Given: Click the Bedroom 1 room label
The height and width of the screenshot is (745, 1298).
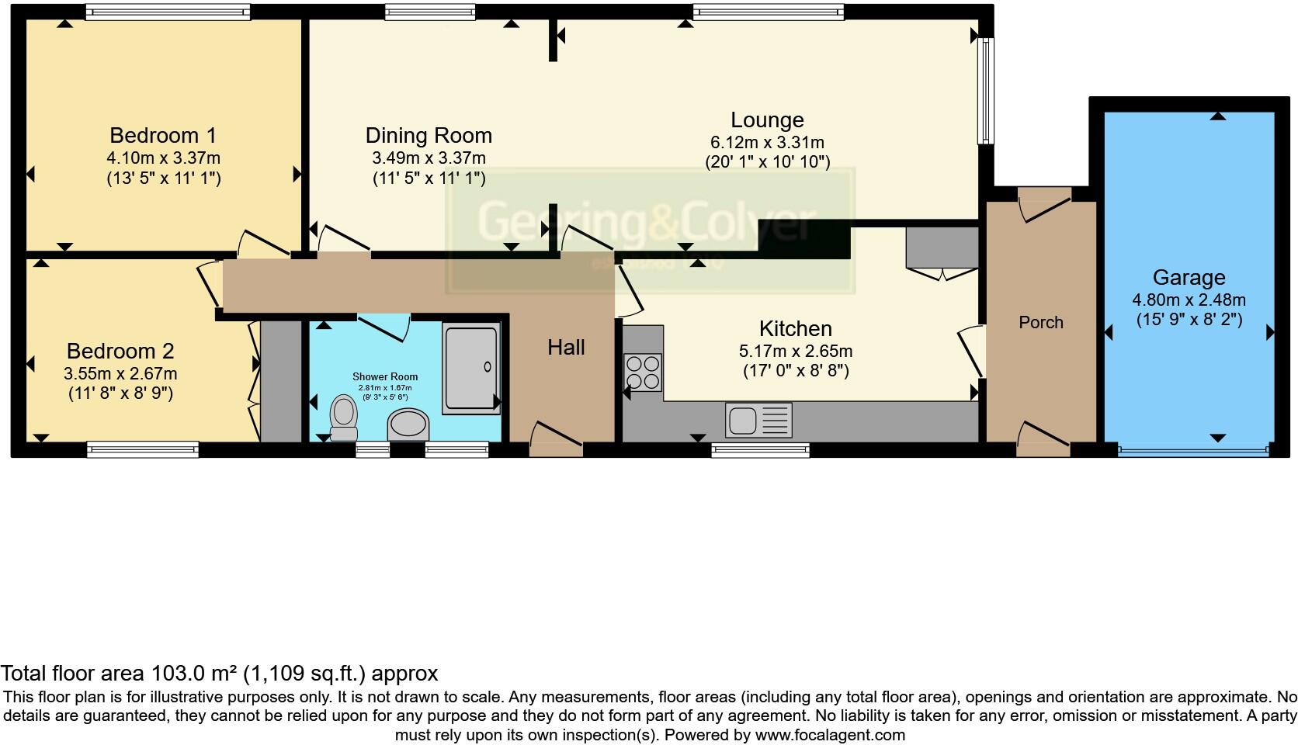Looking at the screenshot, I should coord(163,135).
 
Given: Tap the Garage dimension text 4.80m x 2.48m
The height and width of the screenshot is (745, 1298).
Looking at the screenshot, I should coord(1189,300).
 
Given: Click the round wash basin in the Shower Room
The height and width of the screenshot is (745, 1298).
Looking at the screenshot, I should coord(408,425).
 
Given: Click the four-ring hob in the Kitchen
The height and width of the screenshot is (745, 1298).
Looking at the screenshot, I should coord(643,372).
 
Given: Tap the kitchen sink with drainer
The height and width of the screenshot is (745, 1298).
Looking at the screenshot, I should coord(758,420).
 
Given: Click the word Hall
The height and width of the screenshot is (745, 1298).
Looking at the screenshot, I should coord(566,347).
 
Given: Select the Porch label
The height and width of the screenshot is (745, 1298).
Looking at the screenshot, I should coord(1040,322).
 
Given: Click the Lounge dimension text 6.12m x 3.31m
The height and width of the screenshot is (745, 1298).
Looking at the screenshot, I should coord(767,142).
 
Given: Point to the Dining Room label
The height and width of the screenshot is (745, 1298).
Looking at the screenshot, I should coord(429,135).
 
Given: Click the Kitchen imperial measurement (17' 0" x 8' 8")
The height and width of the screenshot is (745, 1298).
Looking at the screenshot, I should coord(796,371).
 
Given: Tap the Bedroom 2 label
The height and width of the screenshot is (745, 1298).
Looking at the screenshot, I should coord(120,351).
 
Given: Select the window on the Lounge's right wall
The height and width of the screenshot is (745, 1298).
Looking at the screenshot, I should coord(985,91).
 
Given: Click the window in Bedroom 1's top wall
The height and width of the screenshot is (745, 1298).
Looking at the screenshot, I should coord(168,11).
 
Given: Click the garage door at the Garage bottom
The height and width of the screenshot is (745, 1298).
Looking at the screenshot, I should coord(1192,449).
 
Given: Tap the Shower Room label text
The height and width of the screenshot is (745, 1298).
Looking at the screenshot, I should coord(385,377).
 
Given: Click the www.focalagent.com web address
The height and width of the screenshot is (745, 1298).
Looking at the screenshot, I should coord(829,734).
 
